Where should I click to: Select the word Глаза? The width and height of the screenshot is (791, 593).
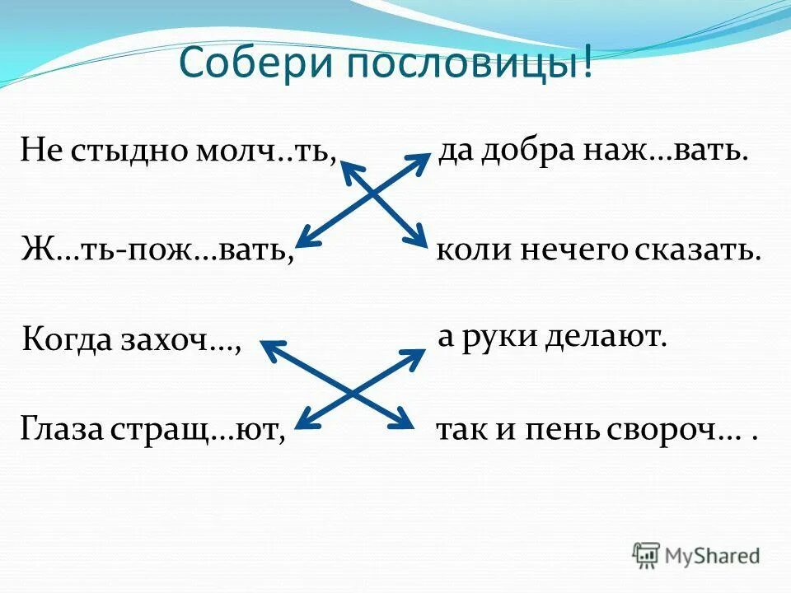(60, 429)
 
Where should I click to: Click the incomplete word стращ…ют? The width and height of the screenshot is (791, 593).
(203, 429)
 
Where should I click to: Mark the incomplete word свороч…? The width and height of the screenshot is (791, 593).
(678, 431)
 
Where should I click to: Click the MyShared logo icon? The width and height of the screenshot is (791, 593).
(647, 554)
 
